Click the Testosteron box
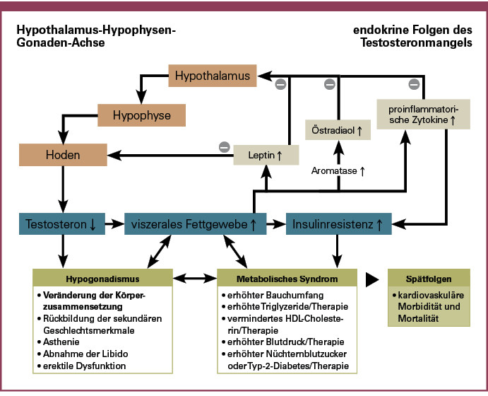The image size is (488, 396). pyautogui.click(x=61, y=223)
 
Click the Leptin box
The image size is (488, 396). pyautogui.click(x=266, y=153)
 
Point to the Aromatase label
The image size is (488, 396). pyautogui.click(x=337, y=170)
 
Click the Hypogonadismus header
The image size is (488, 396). pyautogui.click(x=101, y=279)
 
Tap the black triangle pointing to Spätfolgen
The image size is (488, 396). pyautogui.click(x=371, y=279)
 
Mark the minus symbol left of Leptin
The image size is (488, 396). pyautogui.click(x=225, y=147)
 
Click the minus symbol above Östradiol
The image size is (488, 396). pyautogui.click(x=329, y=85)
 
